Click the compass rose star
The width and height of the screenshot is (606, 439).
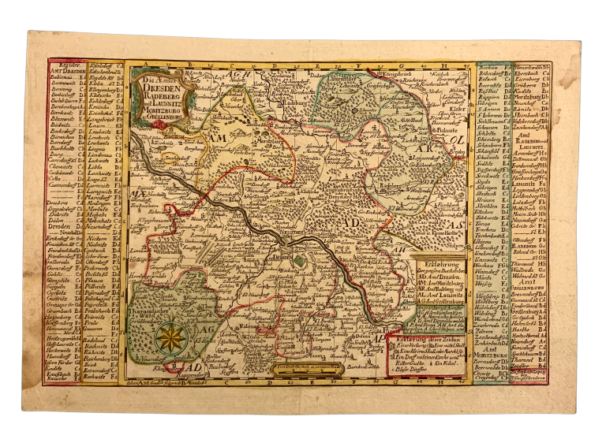(169, 338)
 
